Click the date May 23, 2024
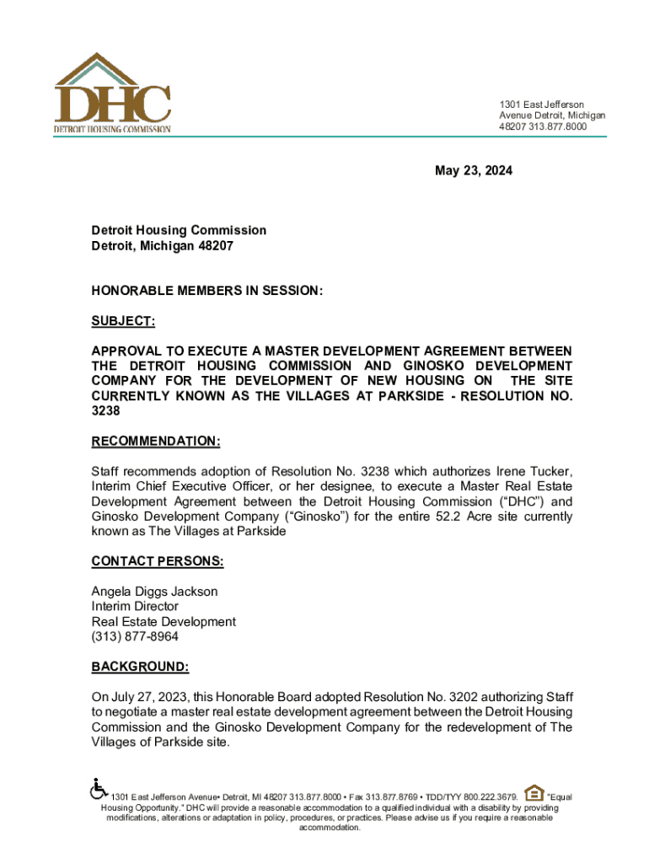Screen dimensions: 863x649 (473, 171)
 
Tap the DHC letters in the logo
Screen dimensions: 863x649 (113, 104)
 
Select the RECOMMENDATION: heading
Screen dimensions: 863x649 (156, 441)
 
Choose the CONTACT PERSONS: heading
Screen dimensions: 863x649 (157, 561)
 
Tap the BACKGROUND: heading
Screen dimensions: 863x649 (140, 667)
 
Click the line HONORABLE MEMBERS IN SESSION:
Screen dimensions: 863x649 (207, 291)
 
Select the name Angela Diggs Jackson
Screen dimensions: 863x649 (154, 592)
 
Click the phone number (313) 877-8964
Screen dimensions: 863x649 (135, 637)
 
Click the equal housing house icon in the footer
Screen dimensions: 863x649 (534, 792)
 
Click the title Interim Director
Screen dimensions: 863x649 (135, 607)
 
